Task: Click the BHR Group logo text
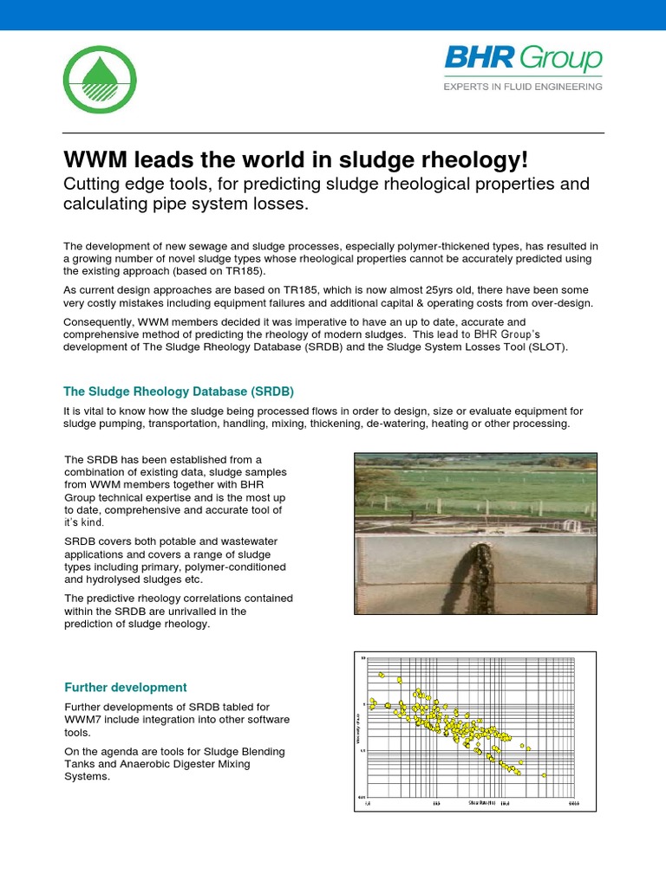click(523, 60)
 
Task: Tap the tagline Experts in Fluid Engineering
click(523, 87)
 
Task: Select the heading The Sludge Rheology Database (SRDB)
click(185, 391)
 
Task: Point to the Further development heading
click(126, 687)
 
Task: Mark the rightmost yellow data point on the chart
click(544, 774)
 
